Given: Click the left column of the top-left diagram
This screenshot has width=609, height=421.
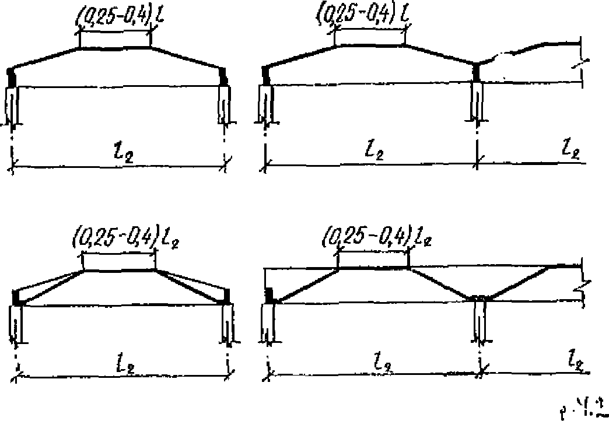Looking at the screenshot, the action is point(13,105).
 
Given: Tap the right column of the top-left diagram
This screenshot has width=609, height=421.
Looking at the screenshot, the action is point(225,105).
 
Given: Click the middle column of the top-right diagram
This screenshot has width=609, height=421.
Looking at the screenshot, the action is point(477,102).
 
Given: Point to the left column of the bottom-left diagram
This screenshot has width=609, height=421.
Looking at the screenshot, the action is point(16,324).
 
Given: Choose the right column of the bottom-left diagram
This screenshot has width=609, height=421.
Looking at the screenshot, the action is point(228,324).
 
